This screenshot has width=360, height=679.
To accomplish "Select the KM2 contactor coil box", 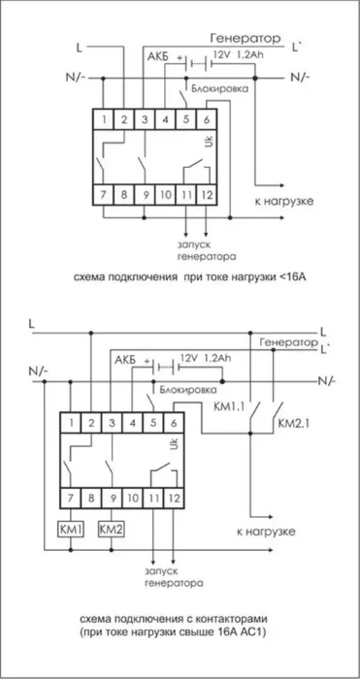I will (x=113, y=530).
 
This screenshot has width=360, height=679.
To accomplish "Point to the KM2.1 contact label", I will (x=291, y=424).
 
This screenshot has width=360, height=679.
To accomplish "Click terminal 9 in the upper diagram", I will (x=145, y=196).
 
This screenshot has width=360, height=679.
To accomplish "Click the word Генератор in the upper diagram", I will (x=243, y=36).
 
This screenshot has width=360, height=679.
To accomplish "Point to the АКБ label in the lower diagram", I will (x=124, y=361).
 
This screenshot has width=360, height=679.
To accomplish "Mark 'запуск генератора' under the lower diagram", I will (x=175, y=579).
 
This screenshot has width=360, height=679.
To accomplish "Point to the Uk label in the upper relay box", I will (x=207, y=142).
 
